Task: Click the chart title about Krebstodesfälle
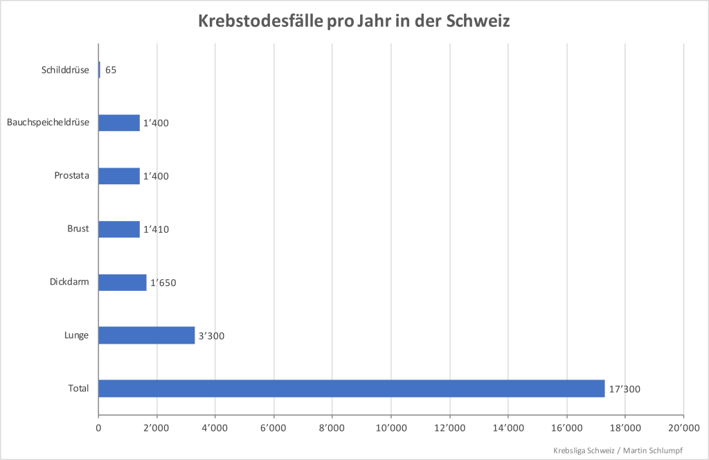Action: point(354,21)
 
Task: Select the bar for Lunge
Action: point(147,335)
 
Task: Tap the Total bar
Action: point(351,389)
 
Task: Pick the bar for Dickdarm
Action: point(123,282)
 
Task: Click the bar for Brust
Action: point(119,229)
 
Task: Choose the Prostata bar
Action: point(119,176)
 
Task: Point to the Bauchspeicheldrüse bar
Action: point(119,123)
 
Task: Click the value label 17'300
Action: point(625,389)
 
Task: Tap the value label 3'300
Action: point(211,336)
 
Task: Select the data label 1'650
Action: point(164,283)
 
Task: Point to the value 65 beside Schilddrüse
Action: point(111,70)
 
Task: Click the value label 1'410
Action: point(156,229)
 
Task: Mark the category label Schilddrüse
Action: point(65,69)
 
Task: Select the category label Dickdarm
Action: point(69,282)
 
